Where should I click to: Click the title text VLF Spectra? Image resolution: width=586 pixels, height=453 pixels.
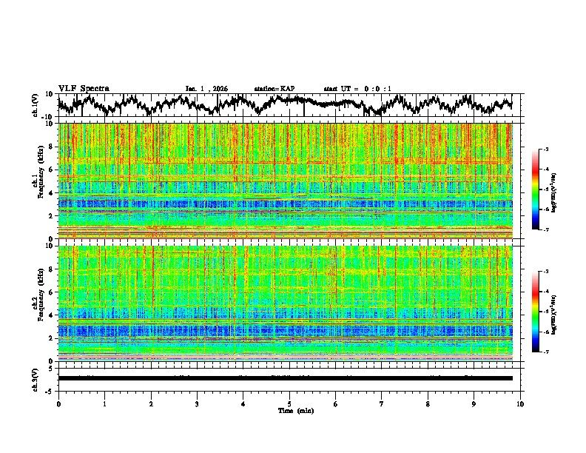84,88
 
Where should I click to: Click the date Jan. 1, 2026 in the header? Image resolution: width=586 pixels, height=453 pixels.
206,89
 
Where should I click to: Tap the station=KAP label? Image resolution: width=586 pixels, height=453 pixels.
275,89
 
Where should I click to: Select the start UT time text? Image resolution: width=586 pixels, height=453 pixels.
357,89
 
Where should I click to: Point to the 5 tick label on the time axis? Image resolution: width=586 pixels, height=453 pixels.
289,403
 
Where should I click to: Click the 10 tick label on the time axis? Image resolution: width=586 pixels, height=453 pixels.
520,403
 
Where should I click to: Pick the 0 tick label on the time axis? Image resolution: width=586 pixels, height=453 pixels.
58,403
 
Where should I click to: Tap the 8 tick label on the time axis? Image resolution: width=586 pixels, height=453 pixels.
428,403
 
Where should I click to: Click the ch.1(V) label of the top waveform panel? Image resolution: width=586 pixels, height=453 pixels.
36,106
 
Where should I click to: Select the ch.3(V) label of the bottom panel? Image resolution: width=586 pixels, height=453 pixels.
36,377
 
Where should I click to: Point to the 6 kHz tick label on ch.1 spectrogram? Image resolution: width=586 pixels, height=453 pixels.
53,170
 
